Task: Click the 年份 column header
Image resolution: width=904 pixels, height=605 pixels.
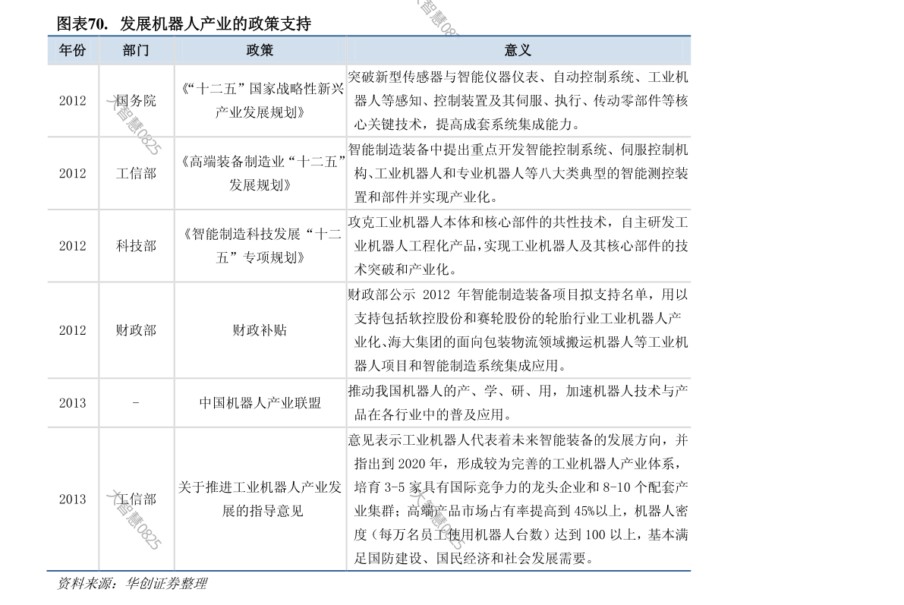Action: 73,51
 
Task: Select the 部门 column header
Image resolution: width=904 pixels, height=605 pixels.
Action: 136,51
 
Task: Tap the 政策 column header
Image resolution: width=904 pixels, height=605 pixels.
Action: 260,51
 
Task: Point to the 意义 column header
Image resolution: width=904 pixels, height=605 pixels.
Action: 518,51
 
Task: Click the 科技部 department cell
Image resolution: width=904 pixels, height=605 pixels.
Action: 136,246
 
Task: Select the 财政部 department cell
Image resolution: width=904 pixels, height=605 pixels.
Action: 136,330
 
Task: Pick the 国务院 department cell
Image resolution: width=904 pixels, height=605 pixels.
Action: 136,101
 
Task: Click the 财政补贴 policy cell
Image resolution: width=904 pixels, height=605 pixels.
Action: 260,330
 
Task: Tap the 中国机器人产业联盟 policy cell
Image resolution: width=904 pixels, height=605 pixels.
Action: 260,403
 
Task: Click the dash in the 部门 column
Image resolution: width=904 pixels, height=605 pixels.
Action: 136,402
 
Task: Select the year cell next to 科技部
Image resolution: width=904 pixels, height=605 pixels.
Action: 73,246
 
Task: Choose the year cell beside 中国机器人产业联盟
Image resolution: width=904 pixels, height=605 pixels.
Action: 73,403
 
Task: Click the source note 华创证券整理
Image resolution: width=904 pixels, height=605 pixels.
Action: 166,584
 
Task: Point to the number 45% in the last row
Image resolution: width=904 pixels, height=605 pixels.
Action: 584,512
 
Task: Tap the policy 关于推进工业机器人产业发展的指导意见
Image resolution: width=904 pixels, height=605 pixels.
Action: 260,499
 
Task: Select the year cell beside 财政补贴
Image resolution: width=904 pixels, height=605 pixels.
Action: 73,330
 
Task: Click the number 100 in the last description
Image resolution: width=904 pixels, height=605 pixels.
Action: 596,535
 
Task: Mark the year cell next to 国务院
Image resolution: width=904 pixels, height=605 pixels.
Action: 73,101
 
